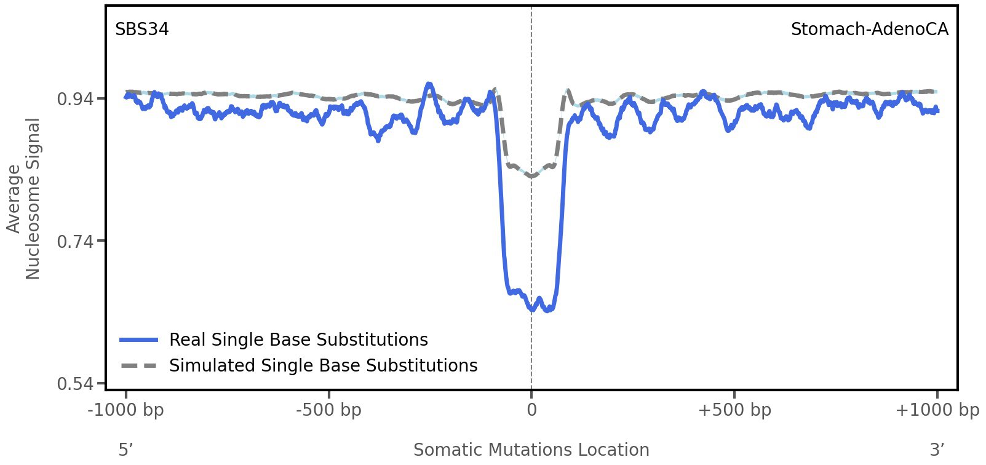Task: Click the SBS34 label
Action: click(142, 30)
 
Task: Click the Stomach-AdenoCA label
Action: click(869, 30)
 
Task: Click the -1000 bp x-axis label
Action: click(126, 410)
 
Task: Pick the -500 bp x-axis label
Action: click(328, 410)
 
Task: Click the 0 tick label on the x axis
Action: click(531, 410)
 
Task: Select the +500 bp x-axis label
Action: click(734, 410)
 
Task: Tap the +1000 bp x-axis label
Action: click(937, 410)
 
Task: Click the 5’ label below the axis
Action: click(126, 450)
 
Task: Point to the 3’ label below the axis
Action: click(937, 450)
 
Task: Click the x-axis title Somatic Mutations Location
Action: click(531, 450)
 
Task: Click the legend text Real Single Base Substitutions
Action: click(298, 340)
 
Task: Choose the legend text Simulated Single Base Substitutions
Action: click(323, 366)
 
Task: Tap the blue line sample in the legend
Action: click(139, 340)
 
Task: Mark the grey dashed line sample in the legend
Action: click(139, 366)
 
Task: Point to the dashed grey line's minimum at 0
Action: click(531, 177)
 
